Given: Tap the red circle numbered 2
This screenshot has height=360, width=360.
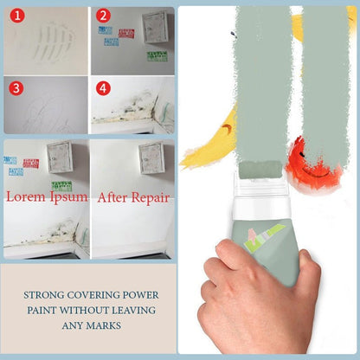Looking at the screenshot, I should point(103,15).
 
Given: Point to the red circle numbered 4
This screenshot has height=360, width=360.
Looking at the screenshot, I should point(103,87).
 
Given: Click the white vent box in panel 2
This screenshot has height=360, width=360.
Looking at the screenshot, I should point(153,28).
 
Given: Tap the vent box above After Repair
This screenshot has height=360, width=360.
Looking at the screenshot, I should point(151,157).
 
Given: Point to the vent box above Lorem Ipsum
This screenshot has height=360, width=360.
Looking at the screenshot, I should point(61,157).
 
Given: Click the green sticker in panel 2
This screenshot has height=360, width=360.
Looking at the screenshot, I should point(156,56).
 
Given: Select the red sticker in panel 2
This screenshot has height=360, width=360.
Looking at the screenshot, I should point(126,34).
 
